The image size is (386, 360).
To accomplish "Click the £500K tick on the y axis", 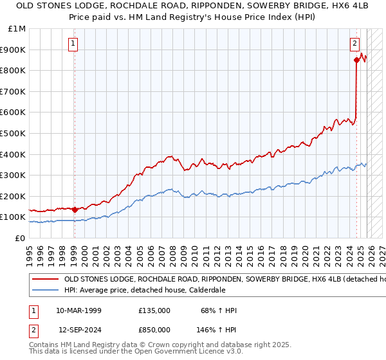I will point(13,133).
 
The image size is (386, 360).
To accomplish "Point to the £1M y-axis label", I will point(17,28).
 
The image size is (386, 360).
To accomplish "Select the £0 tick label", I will point(20,238).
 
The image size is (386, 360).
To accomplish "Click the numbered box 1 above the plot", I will point(73,44).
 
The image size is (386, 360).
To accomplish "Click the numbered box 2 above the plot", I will point(354,44).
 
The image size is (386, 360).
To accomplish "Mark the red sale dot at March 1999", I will point(75,210).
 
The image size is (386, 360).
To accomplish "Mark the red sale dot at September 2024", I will point(356,60).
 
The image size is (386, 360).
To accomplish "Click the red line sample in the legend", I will point(45,280).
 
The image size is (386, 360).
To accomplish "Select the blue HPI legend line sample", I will point(45,291).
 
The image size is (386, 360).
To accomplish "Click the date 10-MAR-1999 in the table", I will point(78,310).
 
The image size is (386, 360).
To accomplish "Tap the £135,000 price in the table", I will point(154,310).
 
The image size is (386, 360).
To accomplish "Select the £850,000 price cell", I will point(154,329).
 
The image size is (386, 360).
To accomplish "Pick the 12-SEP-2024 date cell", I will point(78,329).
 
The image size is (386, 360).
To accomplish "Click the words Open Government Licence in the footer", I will point(174,352).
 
